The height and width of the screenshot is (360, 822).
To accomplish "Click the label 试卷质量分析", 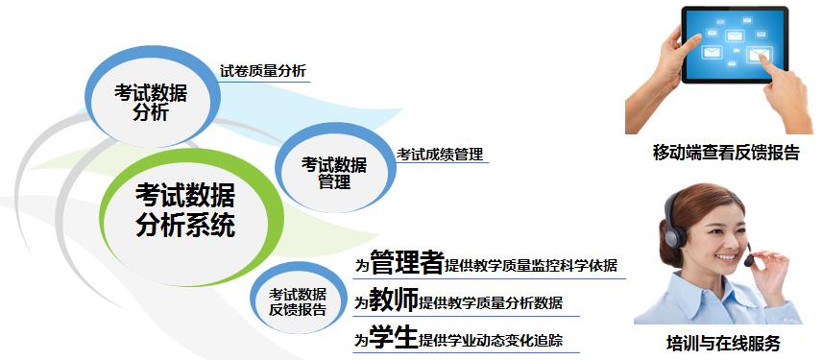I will [x=263, y=70].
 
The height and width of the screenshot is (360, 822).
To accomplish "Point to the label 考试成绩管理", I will [x=440, y=154].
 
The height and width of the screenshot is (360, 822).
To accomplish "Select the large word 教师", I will [x=394, y=301].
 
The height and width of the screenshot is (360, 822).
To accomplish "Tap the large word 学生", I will [x=394, y=338].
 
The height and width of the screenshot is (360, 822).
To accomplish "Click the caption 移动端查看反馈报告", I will [x=725, y=153].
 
